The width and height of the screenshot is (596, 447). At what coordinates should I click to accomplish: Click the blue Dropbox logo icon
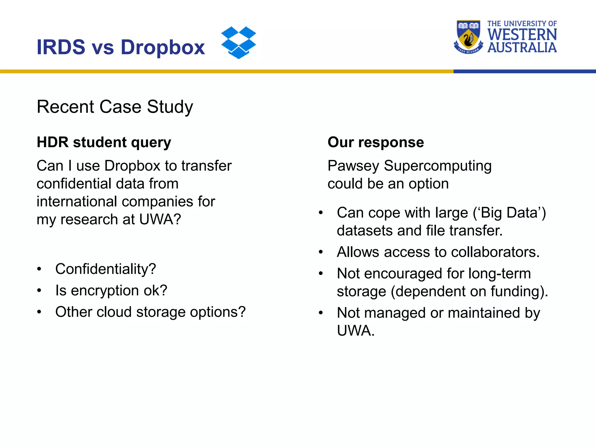pyautogui.click(x=238, y=42)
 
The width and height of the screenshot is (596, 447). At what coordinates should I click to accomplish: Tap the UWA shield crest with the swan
pyautogui.click(x=468, y=36)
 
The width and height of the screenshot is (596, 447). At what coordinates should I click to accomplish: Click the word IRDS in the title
pyautogui.click(x=61, y=47)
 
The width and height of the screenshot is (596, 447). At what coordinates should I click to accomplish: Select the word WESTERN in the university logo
pyautogui.click(x=522, y=35)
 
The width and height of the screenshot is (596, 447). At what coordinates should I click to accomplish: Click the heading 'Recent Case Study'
pyautogui.click(x=115, y=107)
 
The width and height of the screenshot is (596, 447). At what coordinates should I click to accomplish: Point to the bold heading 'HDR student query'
pyautogui.click(x=104, y=142)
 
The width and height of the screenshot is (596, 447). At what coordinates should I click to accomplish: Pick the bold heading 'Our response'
pyautogui.click(x=375, y=142)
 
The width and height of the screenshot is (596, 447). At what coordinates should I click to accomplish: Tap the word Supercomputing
pyautogui.click(x=438, y=166)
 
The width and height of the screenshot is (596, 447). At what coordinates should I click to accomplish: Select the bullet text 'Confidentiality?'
pyautogui.click(x=106, y=269)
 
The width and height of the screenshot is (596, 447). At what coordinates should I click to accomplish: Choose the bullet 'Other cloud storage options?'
pyautogui.click(x=150, y=312)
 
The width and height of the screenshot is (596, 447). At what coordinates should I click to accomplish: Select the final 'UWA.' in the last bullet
pyautogui.click(x=356, y=331)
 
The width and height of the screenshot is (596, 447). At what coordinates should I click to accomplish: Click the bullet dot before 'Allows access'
pyautogui.click(x=321, y=252)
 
